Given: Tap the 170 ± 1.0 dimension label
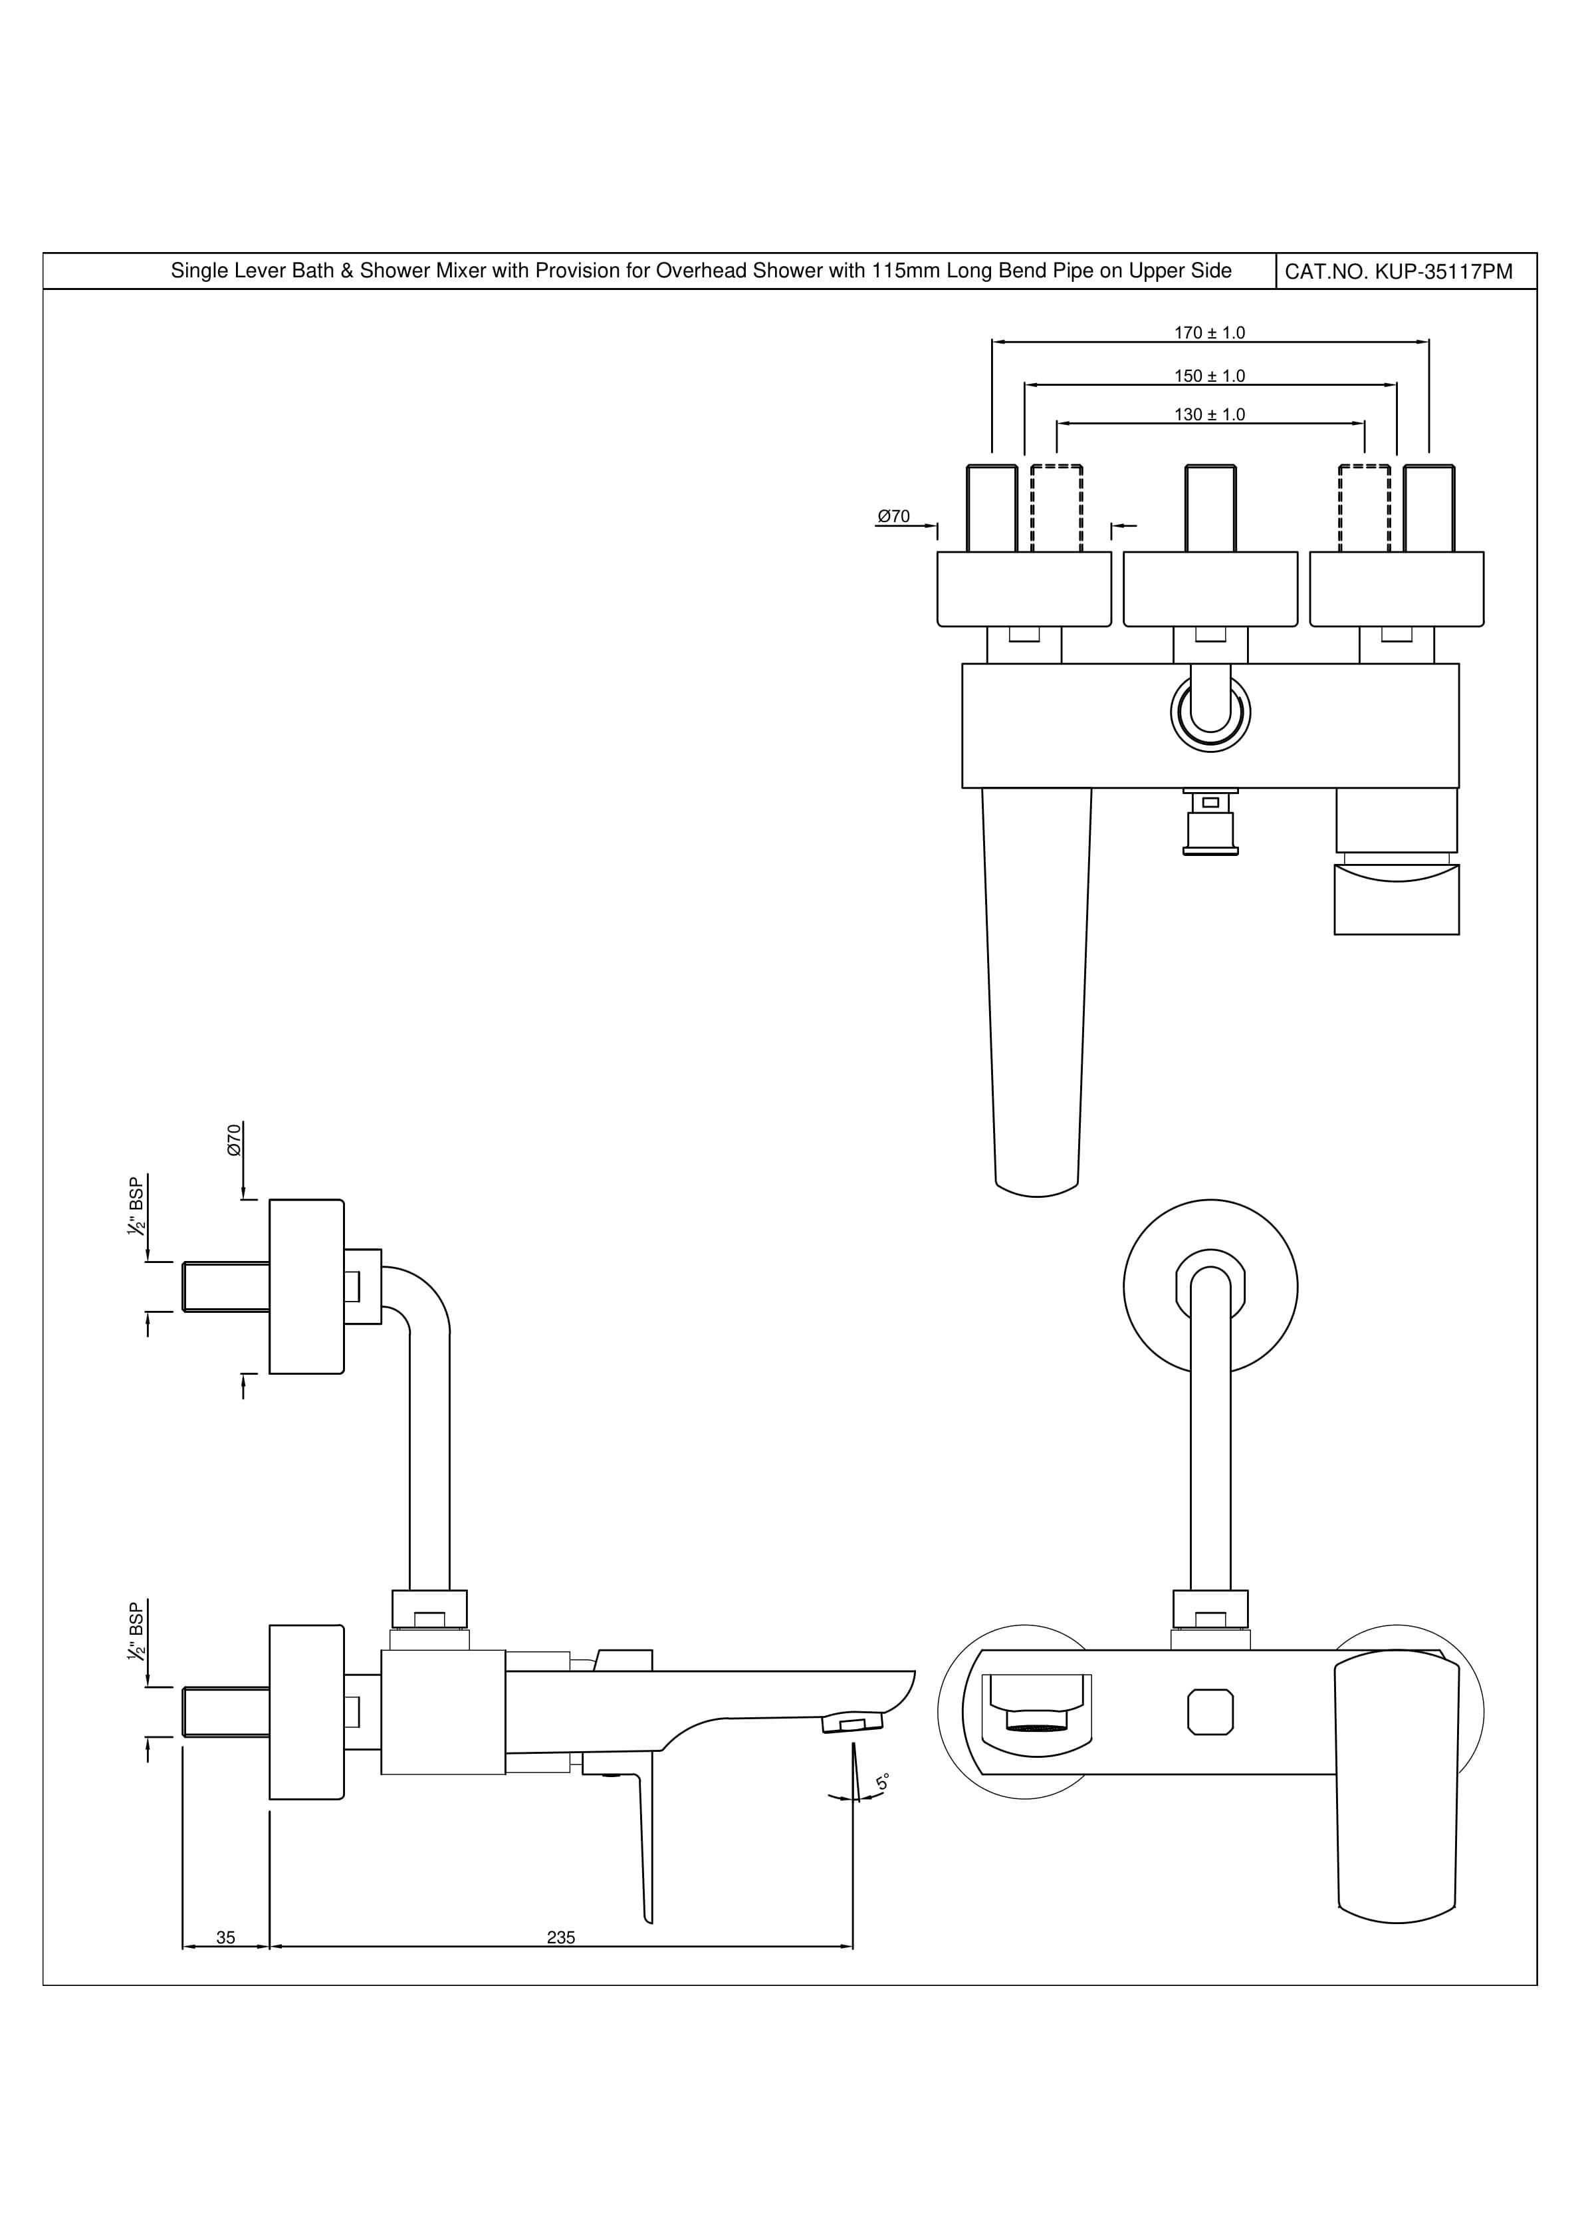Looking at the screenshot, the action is [1209, 333].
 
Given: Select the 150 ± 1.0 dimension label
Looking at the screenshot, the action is [1209, 376].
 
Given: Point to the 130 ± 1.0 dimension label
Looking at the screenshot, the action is [1209, 414].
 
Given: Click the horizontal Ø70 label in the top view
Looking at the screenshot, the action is [893, 516].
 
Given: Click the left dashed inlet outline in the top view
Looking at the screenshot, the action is [1056, 508].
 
